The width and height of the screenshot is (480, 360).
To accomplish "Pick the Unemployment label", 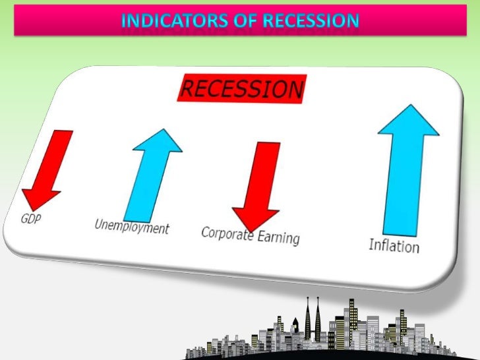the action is [132, 227].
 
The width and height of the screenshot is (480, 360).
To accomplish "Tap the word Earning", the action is [276, 237].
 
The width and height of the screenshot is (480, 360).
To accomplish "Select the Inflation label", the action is [394, 246].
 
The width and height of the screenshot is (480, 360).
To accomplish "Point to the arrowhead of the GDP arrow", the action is [40, 197].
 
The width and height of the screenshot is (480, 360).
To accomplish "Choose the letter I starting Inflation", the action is [371, 245].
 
